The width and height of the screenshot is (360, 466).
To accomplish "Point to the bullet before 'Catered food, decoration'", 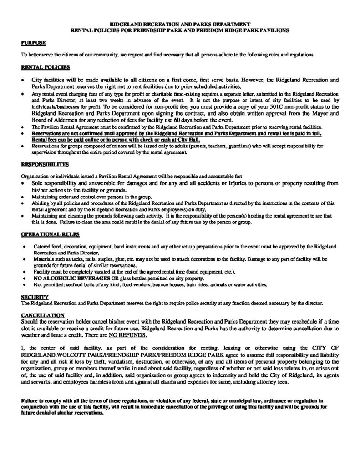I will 23,246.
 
